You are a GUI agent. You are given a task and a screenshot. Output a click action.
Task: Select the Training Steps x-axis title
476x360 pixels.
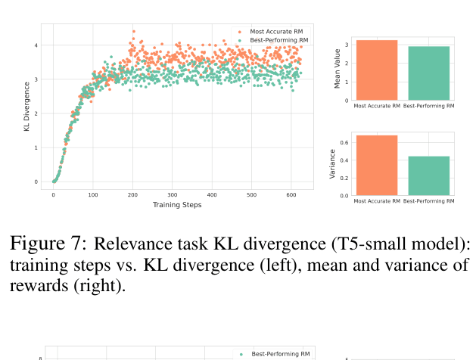click(x=176, y=204)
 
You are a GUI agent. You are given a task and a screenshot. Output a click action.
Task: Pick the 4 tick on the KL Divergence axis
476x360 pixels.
click(x=36, y=45)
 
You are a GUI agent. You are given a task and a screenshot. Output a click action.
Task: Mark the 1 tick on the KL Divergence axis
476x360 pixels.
click(x=36, y=147)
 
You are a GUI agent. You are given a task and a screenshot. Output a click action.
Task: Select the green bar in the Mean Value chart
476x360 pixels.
click(x=429, y=73)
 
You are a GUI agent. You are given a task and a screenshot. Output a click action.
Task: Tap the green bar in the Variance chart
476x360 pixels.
click(x=429, y=176)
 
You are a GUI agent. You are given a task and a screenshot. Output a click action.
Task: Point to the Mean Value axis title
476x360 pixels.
click(x=338, y=67)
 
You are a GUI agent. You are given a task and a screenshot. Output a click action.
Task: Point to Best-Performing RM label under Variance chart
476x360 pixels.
click(x=429, y=201)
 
